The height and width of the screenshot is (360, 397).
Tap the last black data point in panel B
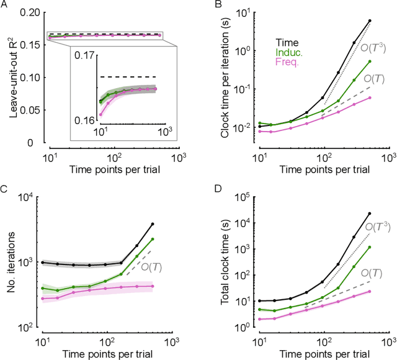click(370, 20)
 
